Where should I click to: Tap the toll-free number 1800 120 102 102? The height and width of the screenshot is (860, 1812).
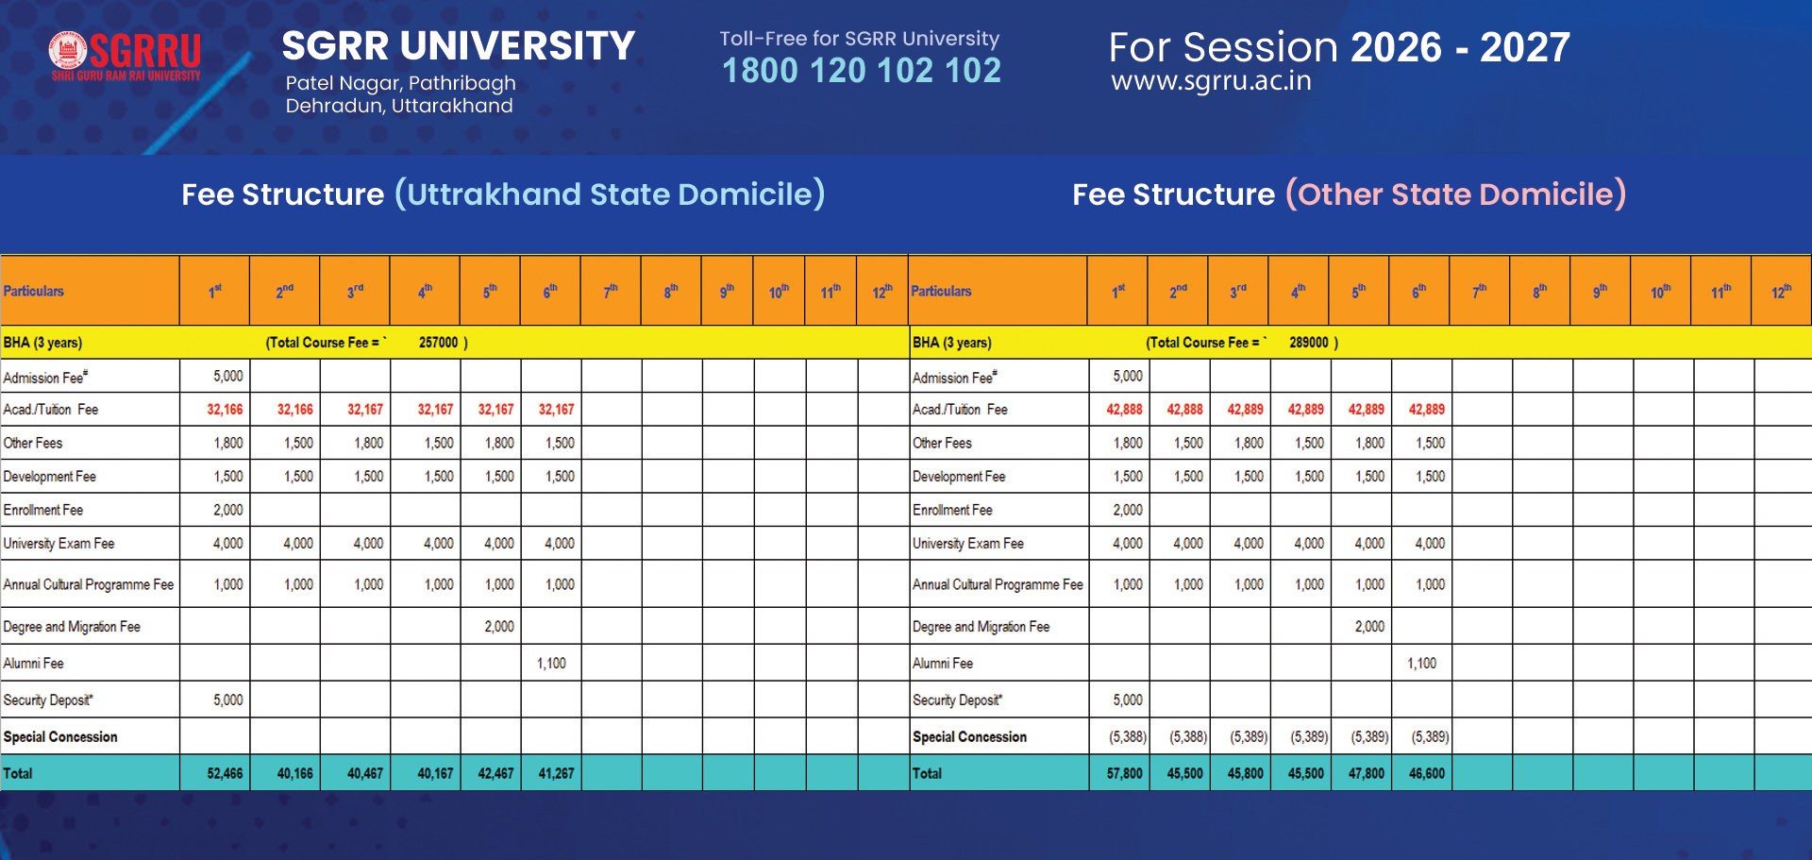click(x=861, y=71)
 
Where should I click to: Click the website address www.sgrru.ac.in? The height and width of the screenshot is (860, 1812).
click(x=1211, y=81)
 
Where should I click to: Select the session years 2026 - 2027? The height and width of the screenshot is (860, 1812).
click(x=1460, y=47)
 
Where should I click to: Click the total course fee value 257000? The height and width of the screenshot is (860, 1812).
click(x=438, y=343)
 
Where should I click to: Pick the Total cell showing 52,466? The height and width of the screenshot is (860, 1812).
click(x=225, y=773)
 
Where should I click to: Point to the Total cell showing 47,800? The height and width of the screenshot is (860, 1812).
click(x=1366, y=773)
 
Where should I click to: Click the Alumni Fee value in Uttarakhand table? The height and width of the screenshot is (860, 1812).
click(x=551, y=664)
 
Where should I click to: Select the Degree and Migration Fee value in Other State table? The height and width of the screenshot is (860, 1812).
click(x=1369, y=627)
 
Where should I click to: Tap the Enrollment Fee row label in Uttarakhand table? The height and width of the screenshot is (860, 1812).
click(x=43, y=510)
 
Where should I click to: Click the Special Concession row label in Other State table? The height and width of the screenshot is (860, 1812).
click(x=969, y=736)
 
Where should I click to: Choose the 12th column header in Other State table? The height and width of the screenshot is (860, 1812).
click(x=1781, y=292)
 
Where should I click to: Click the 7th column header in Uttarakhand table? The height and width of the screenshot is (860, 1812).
click(x=611, y=292)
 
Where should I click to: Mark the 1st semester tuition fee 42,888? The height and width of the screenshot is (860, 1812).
click(x=1124, y=410)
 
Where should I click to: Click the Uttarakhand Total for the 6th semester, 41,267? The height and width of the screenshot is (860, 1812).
click(x=556, y=773)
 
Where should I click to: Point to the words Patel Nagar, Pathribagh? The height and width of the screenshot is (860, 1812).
click(x=400, y=83)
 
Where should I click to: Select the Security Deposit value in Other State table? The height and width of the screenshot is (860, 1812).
click(x=1127, y=700)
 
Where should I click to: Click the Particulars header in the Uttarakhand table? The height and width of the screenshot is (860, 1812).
click(x=34, y=292)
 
